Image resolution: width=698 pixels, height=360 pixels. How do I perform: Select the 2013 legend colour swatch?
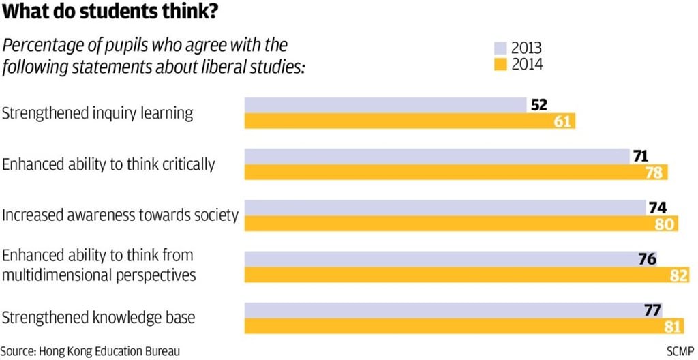500,48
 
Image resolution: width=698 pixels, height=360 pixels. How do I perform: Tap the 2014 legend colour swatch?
500,65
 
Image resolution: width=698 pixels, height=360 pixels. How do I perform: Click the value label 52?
538,105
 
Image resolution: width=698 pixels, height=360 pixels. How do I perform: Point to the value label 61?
562,121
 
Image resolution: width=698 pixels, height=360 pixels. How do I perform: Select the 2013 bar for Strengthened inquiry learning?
385,105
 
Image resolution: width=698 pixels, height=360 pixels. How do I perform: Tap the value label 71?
640,156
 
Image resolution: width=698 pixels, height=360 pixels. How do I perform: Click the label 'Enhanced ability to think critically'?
108,164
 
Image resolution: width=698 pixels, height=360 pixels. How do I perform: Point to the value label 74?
657,208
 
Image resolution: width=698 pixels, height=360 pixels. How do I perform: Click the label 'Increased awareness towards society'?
120,215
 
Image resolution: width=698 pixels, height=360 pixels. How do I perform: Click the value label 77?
653,310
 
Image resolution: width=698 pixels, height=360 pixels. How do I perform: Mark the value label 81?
672,327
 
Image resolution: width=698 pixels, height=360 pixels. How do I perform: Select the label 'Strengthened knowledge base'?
99,318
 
